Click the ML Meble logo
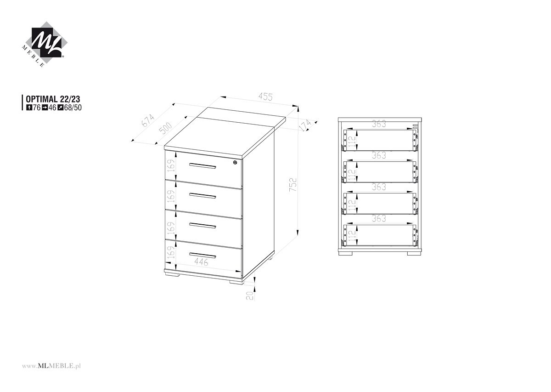[44, 44]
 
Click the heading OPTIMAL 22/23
[53, 99]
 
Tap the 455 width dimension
[266, 97]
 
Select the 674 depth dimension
[148, 120]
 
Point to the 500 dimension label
[166, 128]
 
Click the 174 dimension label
[305, 125]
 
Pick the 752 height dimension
[293, 185]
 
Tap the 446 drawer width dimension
[201, 262]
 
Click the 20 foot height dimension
[250, 295]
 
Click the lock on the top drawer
[236, 162]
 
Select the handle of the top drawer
[202, 166]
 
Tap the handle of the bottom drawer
[202, 255]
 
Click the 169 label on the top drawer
[171, 166]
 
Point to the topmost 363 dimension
[379, 124]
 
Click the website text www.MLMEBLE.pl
[51, 366]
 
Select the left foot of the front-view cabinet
[346, 253]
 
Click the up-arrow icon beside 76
[29, 108]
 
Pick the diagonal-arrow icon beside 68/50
[60, 108]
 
